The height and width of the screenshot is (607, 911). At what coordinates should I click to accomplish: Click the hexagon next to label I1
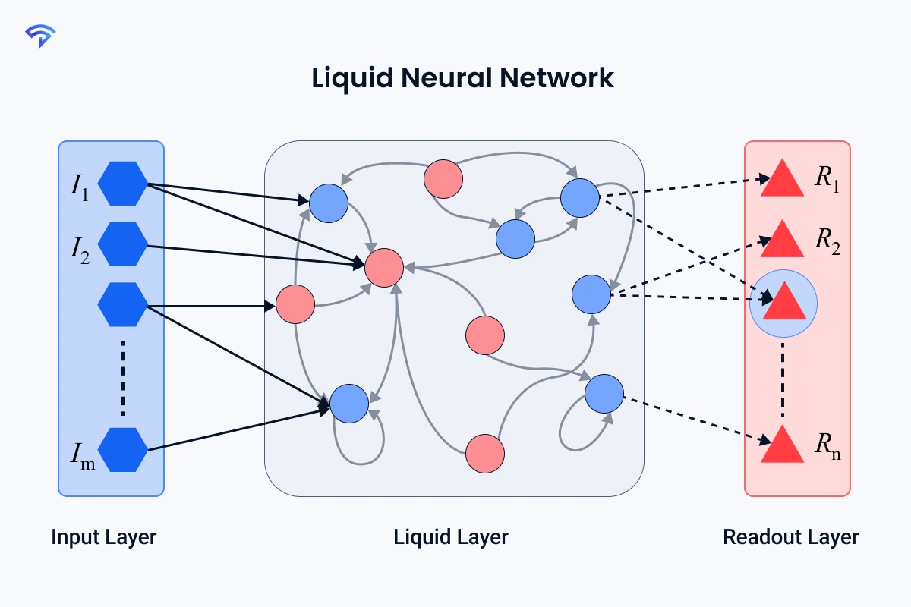click(123, 183)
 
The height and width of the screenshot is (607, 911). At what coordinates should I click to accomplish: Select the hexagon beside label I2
click(123, 244)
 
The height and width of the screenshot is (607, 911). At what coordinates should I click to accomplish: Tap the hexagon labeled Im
click(123, 449)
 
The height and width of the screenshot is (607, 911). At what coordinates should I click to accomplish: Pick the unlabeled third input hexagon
click(123, 304)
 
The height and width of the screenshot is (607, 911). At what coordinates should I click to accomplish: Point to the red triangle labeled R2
click(783, 241)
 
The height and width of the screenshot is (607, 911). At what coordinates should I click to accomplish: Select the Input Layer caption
click(104, 537)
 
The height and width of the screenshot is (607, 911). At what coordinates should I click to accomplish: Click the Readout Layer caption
click(790, 537)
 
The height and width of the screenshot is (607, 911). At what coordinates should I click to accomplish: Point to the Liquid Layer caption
click(451, 537)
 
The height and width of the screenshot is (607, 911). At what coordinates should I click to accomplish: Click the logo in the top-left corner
click(39, 36)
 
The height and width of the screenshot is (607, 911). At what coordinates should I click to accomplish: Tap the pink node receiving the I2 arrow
click(384, 267)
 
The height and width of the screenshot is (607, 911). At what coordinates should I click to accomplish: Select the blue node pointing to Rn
click(604, 394)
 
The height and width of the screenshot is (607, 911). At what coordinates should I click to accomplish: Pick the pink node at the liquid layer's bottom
click(484, 453)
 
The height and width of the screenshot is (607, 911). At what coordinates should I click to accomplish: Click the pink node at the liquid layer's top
click(443, 179)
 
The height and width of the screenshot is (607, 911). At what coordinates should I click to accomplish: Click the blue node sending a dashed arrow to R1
click(580, 197)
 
